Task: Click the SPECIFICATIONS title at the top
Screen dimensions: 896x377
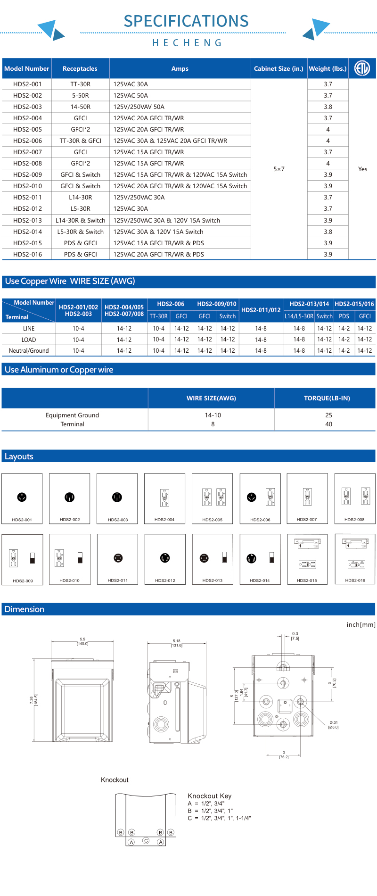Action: pyautogui.click(x=186, y=21)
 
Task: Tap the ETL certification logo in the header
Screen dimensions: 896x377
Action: pyautogui.click(x=362, y=68)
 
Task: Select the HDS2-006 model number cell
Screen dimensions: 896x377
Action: pyautogui.click(x=27, y=141)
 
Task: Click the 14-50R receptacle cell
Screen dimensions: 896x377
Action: pyautogui.click(x=80, y=107)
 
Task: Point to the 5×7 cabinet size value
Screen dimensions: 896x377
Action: pyautogui.click(x=279, y=169)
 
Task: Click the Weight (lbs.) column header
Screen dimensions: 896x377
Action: pyautogui.click(x=328, y=68)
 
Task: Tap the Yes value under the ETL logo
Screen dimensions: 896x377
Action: pyautogui.click(x=362, y=169)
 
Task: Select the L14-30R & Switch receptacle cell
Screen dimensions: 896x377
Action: pyautogui.click(x=80, y=220)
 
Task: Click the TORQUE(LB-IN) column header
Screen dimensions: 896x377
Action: pyautogui.click(x=327, y=398)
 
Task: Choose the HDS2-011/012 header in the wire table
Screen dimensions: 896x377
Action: pyautogui.click(x=261, y=310)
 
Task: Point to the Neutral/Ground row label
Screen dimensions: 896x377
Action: pyautogui.click(x=29, y=350)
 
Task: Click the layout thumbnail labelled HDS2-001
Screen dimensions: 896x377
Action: pyautogui.click(x=22, y=498)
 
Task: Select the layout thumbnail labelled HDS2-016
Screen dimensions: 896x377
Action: pyautogui.click(x=355, y=559)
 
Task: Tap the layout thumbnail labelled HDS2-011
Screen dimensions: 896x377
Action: pyautogui.click(x=118, y=559)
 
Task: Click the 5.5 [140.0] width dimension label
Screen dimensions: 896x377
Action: pyautogui.click(x=82, y=641)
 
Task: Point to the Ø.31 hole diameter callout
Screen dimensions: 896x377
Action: pyautogui.click(x=333, y=724)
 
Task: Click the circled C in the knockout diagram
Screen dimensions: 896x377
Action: pyautogui.click(x=146, y=840)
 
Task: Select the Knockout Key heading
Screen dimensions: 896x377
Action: pyautogui.click(x=209, y=796)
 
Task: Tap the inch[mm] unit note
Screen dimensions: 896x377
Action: pyautogui.click(x=361, y=624)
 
